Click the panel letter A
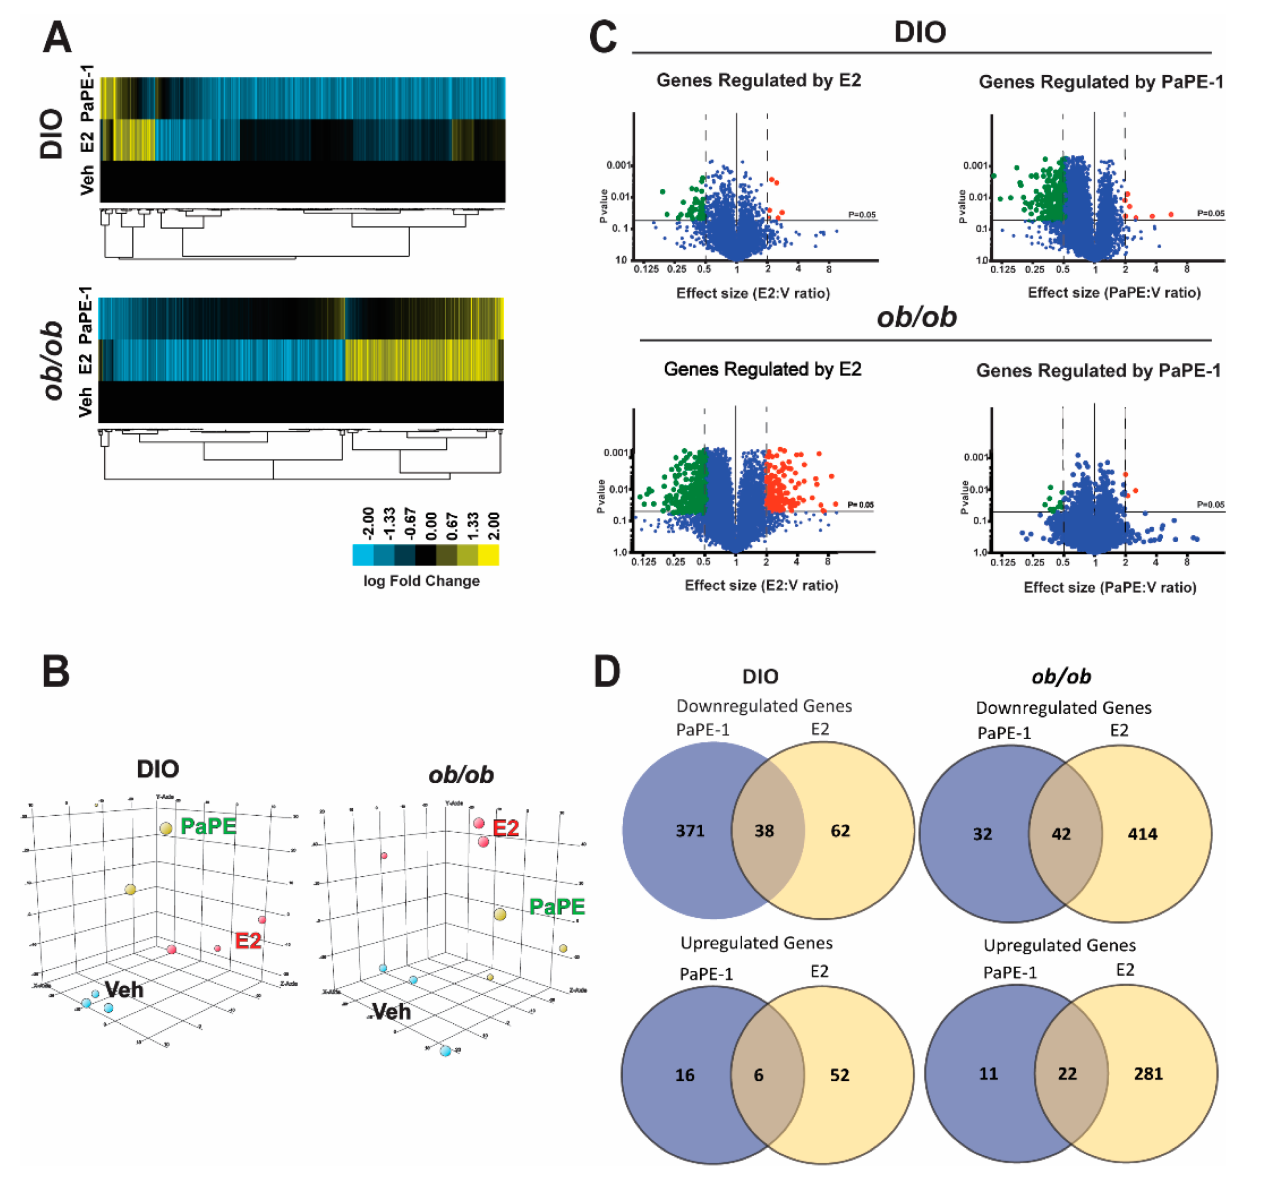click(x=57, y=37)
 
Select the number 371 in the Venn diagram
click(x=690, y=831)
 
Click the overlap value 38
click(x=764, y=831)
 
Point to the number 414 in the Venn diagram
click(x=1142, y=834)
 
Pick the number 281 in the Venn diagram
click(x=1148, y=1074)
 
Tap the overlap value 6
click(x=759, y=1075)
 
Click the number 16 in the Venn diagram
click(x=685, y=1075)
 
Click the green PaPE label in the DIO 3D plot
click(x=208, y=826)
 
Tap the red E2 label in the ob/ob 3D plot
click(x=506, y=828)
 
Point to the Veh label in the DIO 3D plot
click(x=124, y=989)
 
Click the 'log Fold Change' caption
click(x=421, y=581)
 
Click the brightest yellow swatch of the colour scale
click(x=489, y=555)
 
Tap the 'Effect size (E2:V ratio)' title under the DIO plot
click(x=753, y=293)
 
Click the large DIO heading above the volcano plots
click(x=920, y=32)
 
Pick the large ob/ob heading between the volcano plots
click(x=916, y=316)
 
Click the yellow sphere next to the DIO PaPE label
click(x=166, y=828)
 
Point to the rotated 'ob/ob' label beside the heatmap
click(x=54, y=359)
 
